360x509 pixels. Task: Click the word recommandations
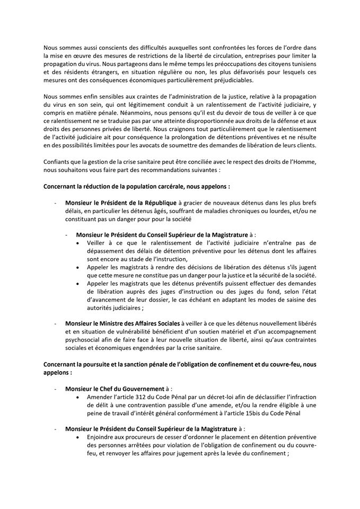pos(190,170)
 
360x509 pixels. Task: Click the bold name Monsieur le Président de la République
pos(114,204)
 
